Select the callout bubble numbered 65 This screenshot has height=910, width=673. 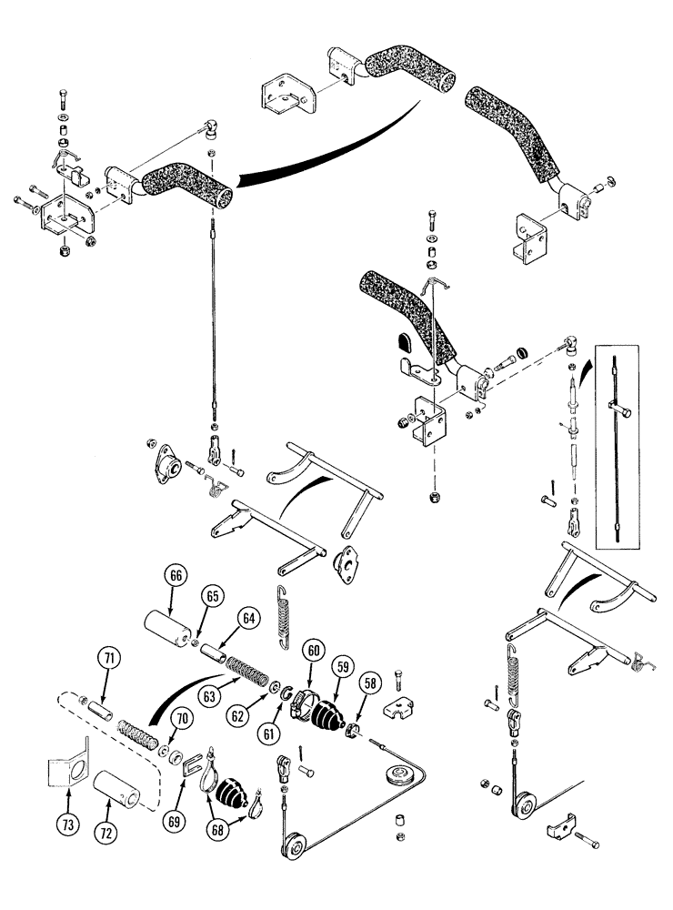tap(213, 598)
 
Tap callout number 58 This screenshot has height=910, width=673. tap(368, 681)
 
